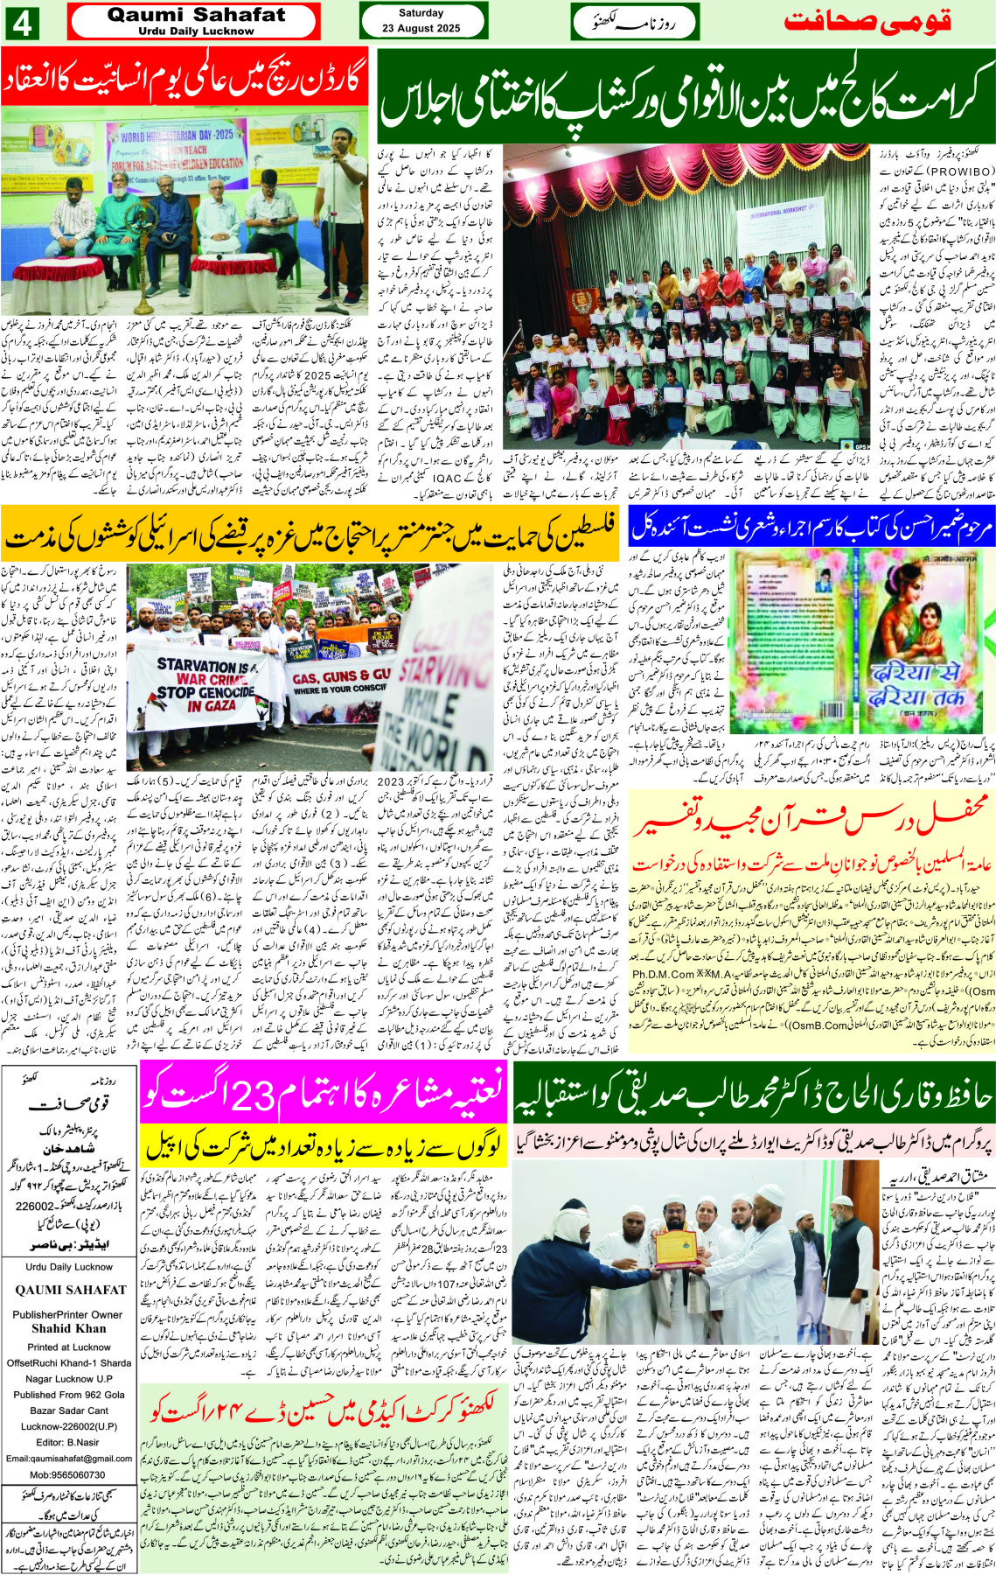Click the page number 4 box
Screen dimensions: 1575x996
[22, 23]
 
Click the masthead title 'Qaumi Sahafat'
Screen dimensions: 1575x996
[196, 15]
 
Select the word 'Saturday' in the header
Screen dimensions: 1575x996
[421, 13]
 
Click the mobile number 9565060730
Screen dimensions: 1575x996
[69, 1474]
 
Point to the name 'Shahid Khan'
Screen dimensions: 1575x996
[69, 1328]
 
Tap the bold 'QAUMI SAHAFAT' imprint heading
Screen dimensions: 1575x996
[70, 1290]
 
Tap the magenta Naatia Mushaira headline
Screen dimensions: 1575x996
[324, 1092]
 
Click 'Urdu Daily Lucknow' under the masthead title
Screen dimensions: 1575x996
[196, 31]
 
